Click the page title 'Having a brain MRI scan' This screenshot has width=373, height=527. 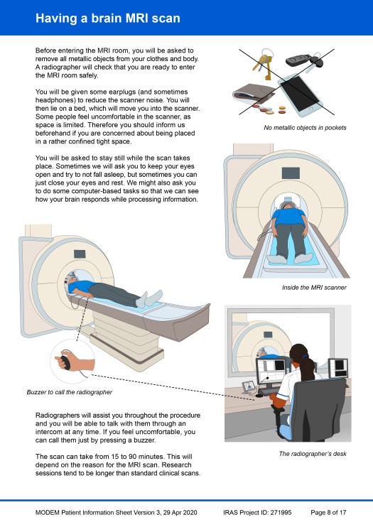coord(107,18)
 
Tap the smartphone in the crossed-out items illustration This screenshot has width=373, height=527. coord(300,94)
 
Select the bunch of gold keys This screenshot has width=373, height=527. coord(264,64)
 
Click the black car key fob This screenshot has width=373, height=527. coord(298,60)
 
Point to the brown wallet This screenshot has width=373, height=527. coord(253,95)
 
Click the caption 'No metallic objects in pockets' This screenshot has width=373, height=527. coord(305,128)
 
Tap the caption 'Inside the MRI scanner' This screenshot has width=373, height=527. coord(314,288)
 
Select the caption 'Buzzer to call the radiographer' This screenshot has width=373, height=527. coord(70,392)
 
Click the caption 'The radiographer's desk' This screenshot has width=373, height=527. coord(313,454)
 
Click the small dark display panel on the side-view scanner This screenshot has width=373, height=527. coord(80,254)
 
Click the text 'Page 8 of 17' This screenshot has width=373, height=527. coord(328,513)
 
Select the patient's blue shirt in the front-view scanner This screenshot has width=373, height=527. coord(289,217)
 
